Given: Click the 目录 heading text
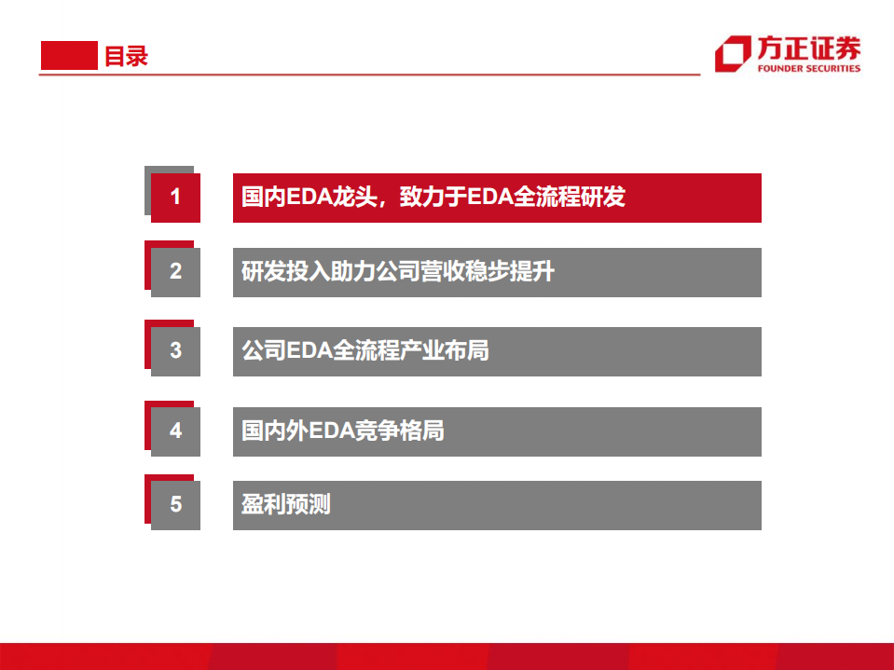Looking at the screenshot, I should (126, 56).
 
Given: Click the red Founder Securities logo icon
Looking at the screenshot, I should (733, 55).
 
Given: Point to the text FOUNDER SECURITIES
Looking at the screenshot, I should (809, 69).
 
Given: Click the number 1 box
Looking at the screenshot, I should (175, 198).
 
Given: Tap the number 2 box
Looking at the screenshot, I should (175, 272).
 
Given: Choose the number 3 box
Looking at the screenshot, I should (175, 351).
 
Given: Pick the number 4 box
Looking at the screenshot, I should (175, 431).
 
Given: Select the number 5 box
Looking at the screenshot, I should (175, 505).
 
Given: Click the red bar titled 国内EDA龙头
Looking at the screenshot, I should (497, 198).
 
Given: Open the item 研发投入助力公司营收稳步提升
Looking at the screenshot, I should (497, 272).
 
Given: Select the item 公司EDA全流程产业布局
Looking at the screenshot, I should (497, 351).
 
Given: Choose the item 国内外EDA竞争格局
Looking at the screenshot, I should (497, 431).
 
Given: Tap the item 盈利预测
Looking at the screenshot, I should (497, 505).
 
